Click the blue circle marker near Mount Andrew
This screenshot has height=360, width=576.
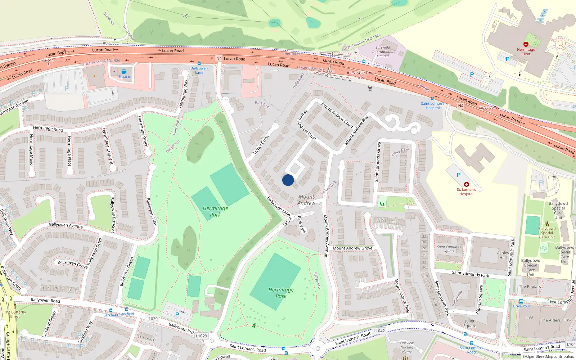[x=288, y=180]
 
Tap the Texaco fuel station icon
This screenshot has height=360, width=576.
[x=124, y=72]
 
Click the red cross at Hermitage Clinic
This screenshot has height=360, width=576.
[x=526, y=44]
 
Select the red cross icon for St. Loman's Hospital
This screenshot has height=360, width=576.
[x=467, y=184]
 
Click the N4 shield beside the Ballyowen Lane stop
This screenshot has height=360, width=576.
[x=219, y=58]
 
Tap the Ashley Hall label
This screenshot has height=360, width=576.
[x=503, y=255]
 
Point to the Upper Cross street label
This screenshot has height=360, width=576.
[x=261, y=145]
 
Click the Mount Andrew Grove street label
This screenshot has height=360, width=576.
[x=352, y=248]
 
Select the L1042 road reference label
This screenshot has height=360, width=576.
[x=379, y=331]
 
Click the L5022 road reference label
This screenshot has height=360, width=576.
[x=287, y=221]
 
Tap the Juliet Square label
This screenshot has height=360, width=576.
[x=469, y=323]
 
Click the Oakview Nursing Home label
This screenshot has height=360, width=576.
[x=407, y=347]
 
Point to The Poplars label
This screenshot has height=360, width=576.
[x=530, y=287]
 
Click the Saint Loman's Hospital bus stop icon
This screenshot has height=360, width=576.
[x=433, y=99]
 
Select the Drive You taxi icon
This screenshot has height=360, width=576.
[x=521, y=301]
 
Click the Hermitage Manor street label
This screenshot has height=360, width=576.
[x=31, y=150]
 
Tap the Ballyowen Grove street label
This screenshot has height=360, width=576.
[x=72, y=264]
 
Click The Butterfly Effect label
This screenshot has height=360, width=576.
[x=15, y=314]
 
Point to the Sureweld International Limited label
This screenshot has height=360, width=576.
[x=383, y=51]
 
